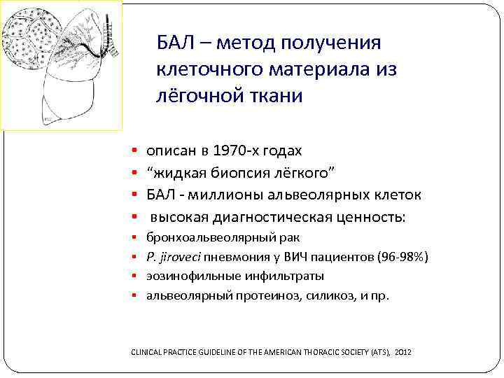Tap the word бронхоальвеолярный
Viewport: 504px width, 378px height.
[x=190, y=239]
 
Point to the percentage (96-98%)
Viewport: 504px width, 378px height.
[x=402, y=258]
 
